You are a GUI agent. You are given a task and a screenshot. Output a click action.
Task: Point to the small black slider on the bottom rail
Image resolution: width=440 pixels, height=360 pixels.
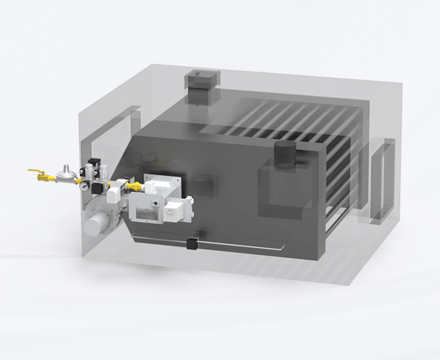coord(193,243)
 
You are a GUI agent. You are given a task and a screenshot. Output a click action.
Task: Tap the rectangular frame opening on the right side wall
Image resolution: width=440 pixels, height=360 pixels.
coord(381,182)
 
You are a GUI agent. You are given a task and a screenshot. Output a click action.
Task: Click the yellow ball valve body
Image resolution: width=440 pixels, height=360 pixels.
coord(42,178)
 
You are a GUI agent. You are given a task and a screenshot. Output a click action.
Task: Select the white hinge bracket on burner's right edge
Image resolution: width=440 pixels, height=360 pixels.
coord(189,200)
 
